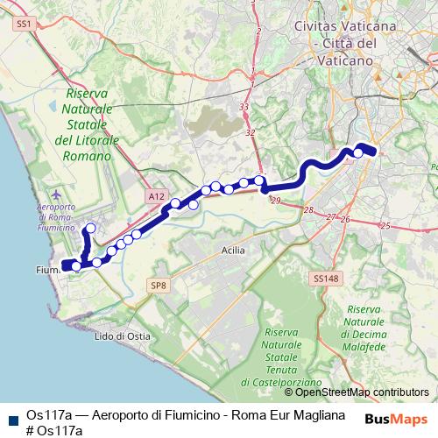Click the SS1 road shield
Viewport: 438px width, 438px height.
point(24,26)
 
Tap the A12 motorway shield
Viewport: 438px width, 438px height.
point(156,197)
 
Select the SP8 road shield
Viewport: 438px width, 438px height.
point(158,286)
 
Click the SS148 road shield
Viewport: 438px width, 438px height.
point(324,279)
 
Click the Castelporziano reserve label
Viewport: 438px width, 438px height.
point(289,357)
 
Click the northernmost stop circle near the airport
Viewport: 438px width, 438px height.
point(89,229)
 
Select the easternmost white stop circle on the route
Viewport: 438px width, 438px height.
point(358,153)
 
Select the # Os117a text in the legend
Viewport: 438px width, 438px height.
point(54,430)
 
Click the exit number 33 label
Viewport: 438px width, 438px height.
point(244,107)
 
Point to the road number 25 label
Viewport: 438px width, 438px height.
point(385,225)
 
